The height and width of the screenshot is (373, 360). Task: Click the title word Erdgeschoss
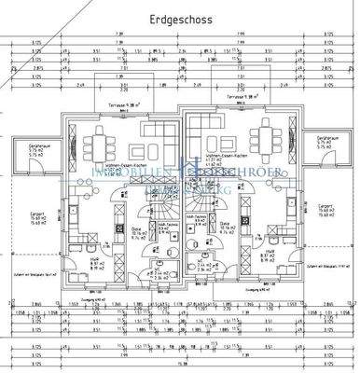point(179,19)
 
